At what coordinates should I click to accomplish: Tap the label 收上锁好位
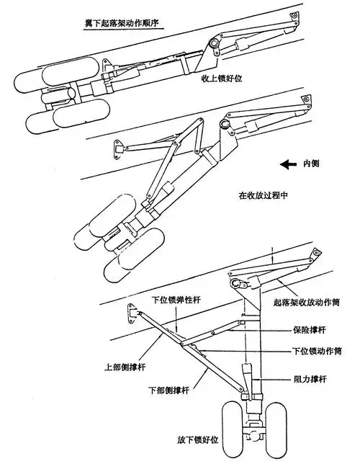point(227,81)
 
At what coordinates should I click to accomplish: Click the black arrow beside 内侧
point(288,164)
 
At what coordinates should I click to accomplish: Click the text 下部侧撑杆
point(168,390)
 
